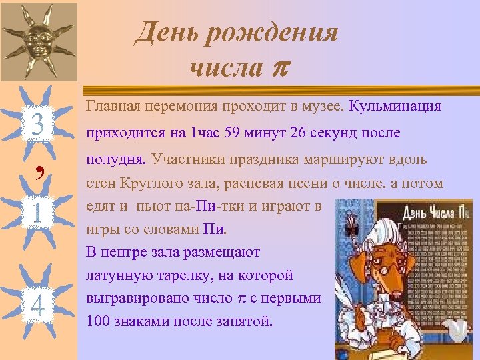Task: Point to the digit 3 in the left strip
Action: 38,124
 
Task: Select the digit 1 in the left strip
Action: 38,215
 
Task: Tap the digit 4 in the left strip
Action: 38,307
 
